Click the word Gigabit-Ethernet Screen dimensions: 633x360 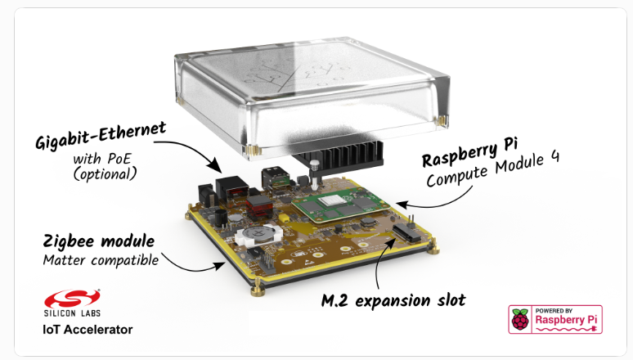[101, 135]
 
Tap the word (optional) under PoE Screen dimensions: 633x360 [105, 174]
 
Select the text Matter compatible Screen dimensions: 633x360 [101, 260]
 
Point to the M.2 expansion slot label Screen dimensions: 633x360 [393, 300]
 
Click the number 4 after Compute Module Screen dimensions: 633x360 [554, 157]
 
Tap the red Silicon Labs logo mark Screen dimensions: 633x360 [72, 299]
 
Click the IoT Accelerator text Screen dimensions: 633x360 [88, 330]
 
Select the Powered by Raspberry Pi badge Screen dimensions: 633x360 [555, 319]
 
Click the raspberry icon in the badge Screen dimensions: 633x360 [520, 319]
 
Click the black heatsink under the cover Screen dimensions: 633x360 [337, 155]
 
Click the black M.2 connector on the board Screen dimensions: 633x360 [407, 233]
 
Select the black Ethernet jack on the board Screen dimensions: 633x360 [232, 187]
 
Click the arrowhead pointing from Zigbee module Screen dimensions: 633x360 [219, 266]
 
